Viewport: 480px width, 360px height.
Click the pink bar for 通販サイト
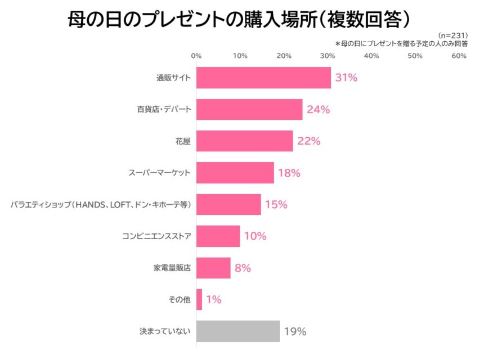click(263, 78)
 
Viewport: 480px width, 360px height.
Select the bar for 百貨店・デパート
click(249, 109)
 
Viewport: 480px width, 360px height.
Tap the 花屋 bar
click(245, 141)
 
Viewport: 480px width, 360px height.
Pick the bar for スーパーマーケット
click(235, 173)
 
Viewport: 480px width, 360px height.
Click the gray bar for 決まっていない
click(238, 331)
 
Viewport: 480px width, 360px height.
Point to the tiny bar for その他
click(199, 299)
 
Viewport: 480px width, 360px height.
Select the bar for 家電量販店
click(213, 268)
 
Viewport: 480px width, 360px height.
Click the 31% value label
click(346, 78)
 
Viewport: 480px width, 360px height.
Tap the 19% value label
click(295, 331)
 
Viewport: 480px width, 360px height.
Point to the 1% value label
click(214, 299)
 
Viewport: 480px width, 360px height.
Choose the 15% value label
click(276, 204)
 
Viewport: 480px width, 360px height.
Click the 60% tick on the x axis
click(459, 56)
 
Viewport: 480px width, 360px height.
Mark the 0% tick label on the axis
click(196, 56)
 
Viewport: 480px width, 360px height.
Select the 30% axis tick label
click(328, 56)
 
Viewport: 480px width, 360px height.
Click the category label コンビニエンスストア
click(156, 236)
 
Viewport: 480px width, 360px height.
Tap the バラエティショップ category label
click(101, 205)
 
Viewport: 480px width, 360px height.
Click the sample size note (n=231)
click(453, 35)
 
